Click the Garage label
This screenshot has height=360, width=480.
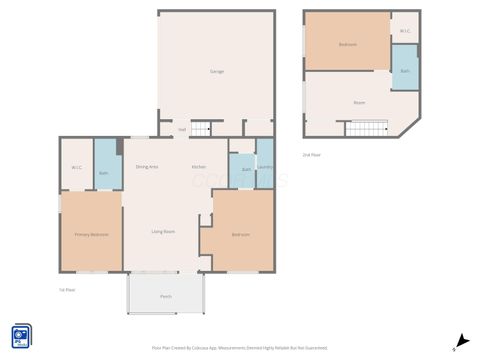pos(216,72)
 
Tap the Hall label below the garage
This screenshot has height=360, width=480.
pos(182,129)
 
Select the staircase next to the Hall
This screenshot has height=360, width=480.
pos(202,128)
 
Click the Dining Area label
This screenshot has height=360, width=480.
pos(147,167)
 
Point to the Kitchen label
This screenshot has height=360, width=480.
pos(199,167)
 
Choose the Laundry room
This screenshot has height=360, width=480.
pos(265,169)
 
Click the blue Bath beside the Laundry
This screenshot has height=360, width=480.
pos(246,170)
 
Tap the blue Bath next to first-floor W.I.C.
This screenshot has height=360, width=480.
pos(104,172)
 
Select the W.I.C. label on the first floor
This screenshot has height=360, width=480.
pos(77,167)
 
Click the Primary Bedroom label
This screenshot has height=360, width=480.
pos(91,235)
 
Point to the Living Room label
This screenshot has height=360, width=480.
pos(164,232)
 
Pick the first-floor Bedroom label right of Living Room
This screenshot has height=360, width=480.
pos(241,235)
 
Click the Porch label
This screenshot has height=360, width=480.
pos(166,296)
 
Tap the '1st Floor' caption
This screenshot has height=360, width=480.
pos(67,290)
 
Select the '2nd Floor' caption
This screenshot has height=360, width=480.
pos(312,155)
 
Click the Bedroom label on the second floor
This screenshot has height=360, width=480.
pos(347,45)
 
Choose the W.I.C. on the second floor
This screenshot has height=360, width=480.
pos(405,31)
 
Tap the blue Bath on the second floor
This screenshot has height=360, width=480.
pos(405,71)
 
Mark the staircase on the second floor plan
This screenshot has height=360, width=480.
pos(367,127)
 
